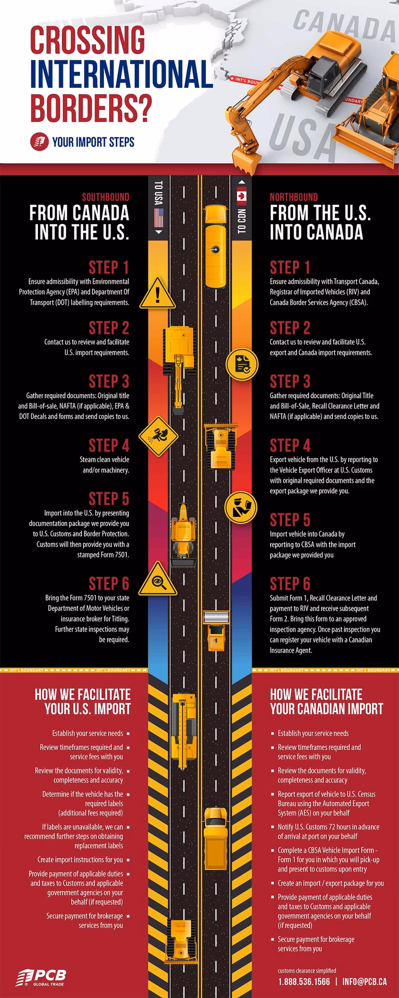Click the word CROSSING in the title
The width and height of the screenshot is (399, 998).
(x=87, y=40)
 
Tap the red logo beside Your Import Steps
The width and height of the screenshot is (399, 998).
(x=39, y=142)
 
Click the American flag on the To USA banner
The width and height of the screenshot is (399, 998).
(x=159, y=218)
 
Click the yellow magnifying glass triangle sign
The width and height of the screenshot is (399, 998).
(x=158, y=579)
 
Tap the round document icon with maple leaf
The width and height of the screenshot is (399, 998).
(x=242, y=364)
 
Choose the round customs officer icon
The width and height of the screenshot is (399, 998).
(x=241, y=507)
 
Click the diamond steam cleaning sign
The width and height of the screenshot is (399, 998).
(x=158, y=436)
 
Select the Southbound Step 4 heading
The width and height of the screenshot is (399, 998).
(x=109, y=445)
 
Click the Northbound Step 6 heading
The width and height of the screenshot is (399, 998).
(x=290, y=584)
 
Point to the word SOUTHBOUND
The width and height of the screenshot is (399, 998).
(x=105, y=197)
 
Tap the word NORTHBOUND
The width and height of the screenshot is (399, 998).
(x=294, y=197)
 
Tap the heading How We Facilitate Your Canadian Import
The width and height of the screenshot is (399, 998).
(x=326, y=702)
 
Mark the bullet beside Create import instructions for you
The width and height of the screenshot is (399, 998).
(x=128, y=860)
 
